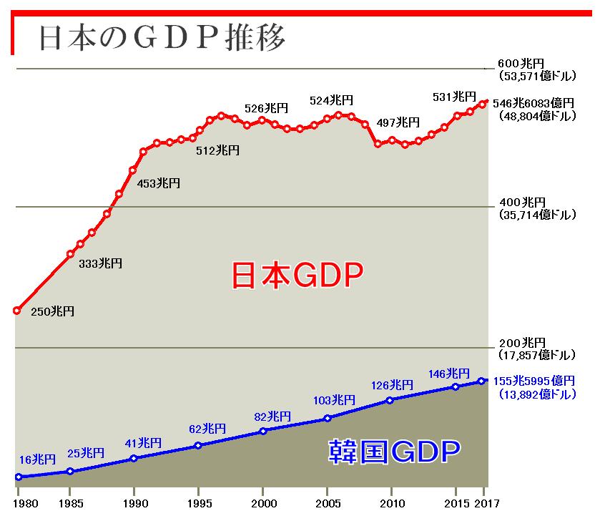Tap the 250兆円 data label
(52, 311)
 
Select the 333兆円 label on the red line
(100, 263)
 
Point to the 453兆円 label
(158, 183)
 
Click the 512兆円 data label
(217, 150)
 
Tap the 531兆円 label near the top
(454, 97)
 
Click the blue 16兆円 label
(37, 459)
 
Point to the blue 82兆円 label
(272, 416)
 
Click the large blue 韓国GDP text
(394, 452)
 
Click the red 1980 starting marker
(17, 311)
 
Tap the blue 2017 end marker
(482, 381)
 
